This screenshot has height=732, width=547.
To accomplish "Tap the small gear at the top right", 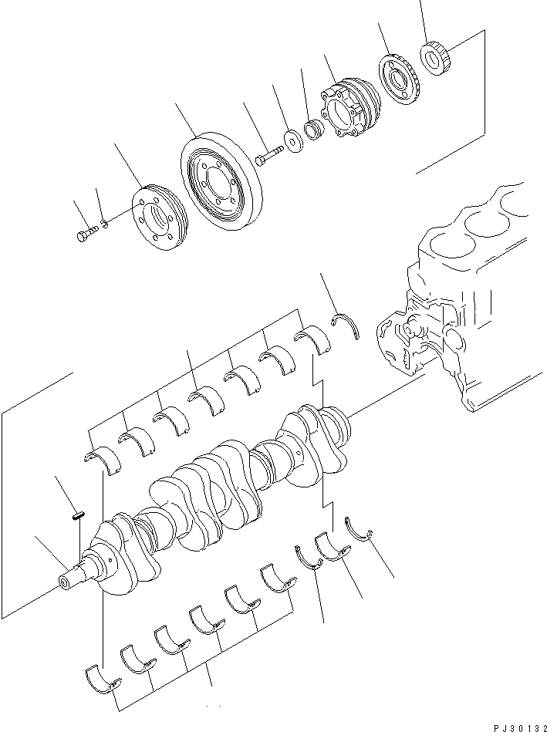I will pyautogui.click(x=436, y=57).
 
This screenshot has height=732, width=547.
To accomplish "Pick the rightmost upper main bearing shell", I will pyautogui.click(x=310, y=340).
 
